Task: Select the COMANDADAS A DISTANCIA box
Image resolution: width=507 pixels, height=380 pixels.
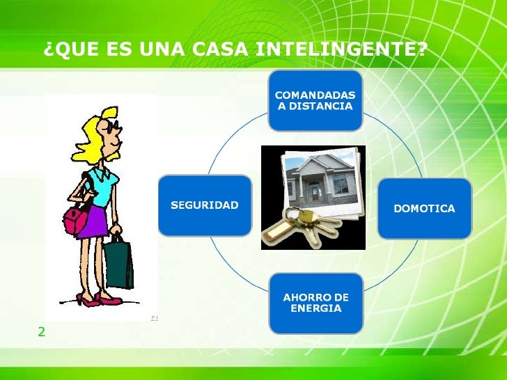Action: click(315, 100)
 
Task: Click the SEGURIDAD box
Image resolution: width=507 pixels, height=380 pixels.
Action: click(205, 205)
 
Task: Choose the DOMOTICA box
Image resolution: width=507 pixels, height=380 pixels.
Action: click(424, 208)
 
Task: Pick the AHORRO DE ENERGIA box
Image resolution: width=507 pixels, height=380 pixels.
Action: click(315, 303)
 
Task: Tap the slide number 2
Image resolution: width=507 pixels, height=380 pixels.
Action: click(41, 332)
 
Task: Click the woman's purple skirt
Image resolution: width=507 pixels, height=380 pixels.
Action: click(92, 221)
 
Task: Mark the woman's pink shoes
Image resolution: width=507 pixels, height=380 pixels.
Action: click(94, 301)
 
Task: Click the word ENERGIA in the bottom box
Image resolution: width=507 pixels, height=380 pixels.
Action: click(315, 308)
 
